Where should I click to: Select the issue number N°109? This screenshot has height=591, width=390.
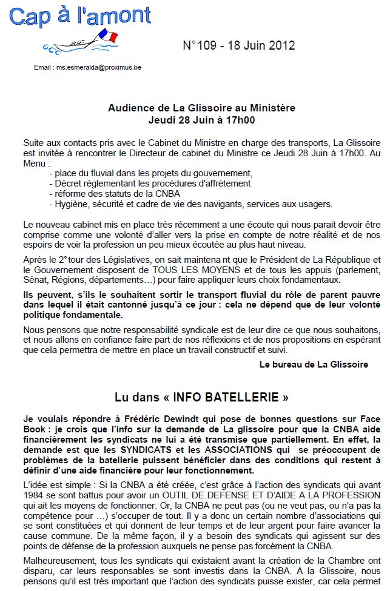201,46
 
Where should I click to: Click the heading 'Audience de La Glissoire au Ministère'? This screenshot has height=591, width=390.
201,108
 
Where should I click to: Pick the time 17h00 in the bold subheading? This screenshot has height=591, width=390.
237,120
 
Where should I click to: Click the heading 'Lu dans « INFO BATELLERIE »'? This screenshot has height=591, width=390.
201,397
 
